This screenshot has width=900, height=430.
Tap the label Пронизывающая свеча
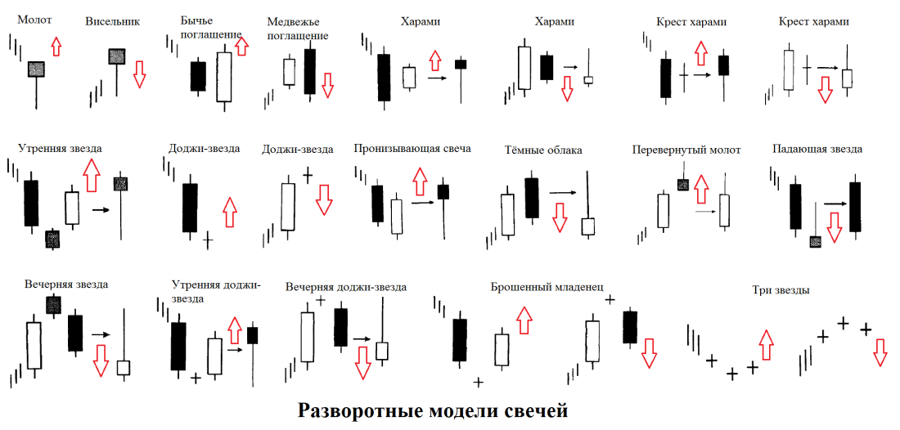coord(412,149)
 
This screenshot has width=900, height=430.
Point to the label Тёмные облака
coord(543,150)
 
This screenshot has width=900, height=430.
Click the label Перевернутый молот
coord(686,150)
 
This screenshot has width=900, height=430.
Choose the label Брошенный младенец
coord(547,287)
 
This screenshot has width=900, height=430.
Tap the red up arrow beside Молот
coord(56,46)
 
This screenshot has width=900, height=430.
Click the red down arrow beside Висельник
coord(139,74)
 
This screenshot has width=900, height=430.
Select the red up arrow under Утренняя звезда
coord(91,174)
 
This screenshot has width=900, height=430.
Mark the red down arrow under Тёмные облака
coord(560,217)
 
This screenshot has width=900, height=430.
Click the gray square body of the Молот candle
coord(36,69)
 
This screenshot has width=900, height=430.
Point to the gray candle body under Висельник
coord(117,56)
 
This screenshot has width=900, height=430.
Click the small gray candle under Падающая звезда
coord(815,241)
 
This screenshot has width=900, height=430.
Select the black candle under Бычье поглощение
coord(197,75)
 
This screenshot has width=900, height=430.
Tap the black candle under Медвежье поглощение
coord(309,71)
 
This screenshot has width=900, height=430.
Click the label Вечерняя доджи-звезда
coord(346,288)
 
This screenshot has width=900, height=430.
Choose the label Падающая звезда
coord(817,150)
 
